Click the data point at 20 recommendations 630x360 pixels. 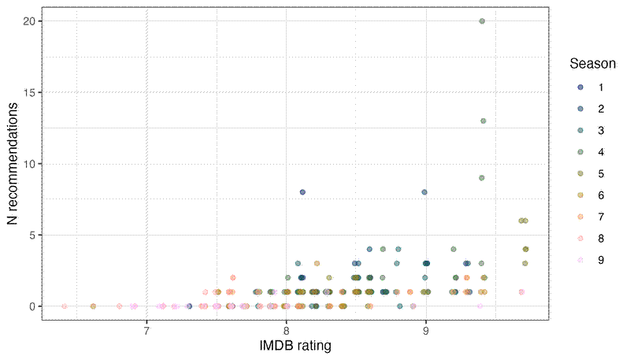(482, 21)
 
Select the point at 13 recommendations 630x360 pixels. (483, 121)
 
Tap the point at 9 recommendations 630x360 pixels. (481, 178)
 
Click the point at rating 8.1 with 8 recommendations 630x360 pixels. (302, 192)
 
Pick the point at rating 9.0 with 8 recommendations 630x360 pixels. (424, 192)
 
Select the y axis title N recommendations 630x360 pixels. (13, 164)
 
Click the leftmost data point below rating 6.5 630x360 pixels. (65, 306)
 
